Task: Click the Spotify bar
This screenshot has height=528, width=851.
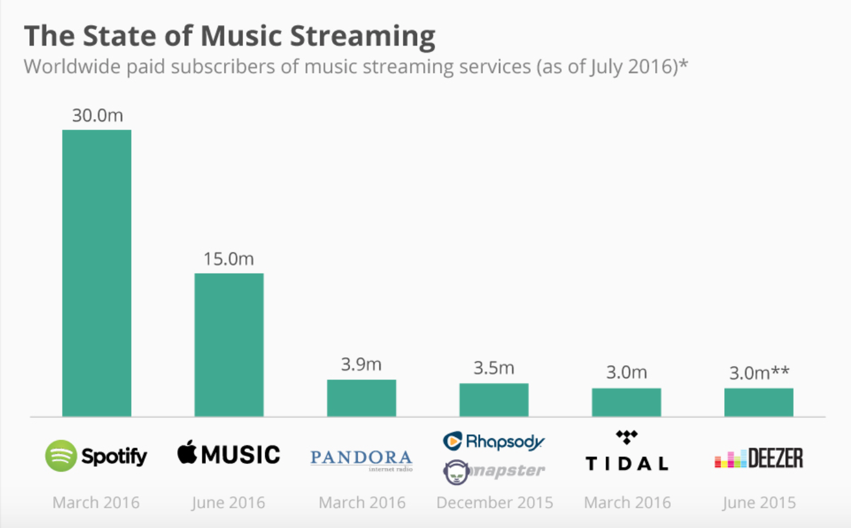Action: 96,273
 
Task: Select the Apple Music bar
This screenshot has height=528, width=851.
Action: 229,345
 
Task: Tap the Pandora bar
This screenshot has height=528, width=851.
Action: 361,398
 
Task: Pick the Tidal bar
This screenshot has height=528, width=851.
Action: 626,402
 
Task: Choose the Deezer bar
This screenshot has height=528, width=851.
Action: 758,402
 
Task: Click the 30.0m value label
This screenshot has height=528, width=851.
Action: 97,115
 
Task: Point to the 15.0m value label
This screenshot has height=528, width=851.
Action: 229,259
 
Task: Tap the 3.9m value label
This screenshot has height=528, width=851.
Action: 361,364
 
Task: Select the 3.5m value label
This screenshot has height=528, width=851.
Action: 494,368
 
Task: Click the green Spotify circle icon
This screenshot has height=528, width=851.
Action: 61,456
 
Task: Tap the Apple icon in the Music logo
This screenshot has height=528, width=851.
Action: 187,453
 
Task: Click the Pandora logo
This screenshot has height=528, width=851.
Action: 361,459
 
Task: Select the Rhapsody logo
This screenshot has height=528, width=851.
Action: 494,442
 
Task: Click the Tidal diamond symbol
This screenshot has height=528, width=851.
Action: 627,437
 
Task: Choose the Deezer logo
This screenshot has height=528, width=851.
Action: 758,459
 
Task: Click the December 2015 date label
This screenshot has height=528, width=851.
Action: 494,502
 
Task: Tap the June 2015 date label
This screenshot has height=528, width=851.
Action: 759,502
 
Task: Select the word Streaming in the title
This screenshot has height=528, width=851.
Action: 363,36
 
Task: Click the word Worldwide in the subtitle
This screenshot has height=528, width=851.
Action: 72,66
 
